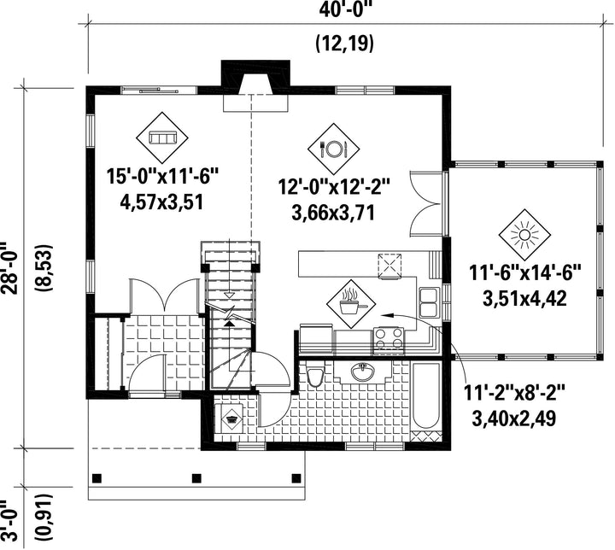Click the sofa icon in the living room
[x=161, y=138]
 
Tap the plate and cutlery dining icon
[x=333, y=149]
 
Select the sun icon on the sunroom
[x=524, y=236]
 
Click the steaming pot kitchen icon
[x=351, y=304]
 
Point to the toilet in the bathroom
[x=314, y=376]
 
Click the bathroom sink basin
[x=362, y=372]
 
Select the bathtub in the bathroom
[x=426, y=396]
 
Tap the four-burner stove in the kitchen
[x=388, y=339]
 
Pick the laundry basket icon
[x=231, y=418]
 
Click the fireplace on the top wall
[x=255, y=85]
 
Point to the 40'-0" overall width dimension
[x=345, y=9]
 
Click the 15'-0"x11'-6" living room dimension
[x=162, y=177]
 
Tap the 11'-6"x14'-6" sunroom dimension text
[x=524, y=272]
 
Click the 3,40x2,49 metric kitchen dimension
[x=514, y=418]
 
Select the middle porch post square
[x=196, y=478]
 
